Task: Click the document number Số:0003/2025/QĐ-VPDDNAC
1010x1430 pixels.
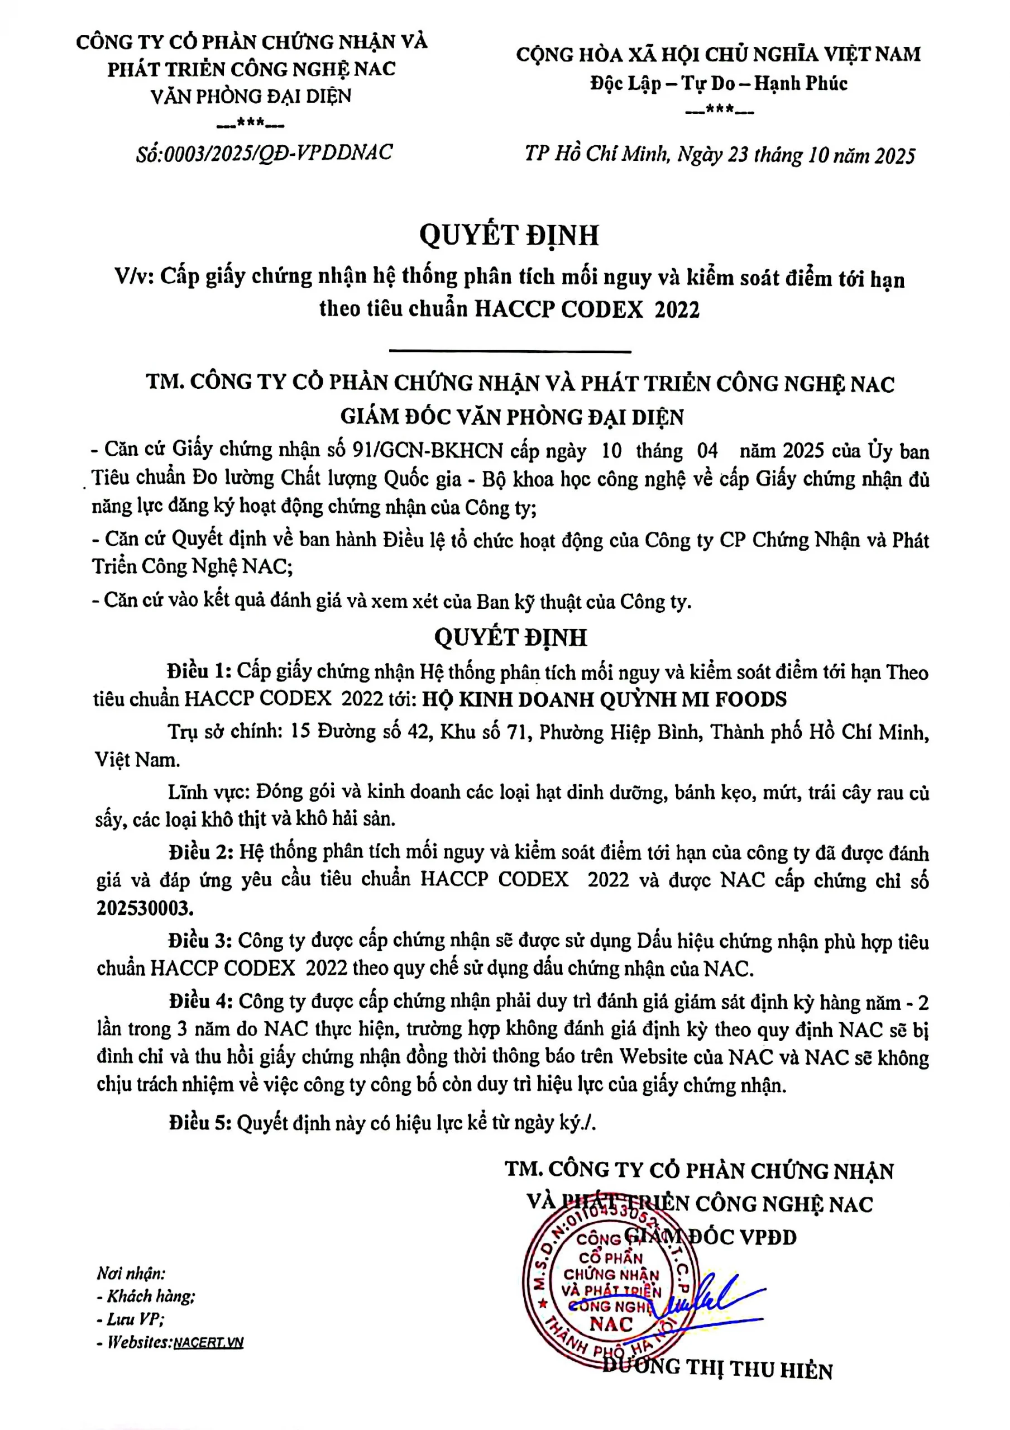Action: click(x=264, y=152)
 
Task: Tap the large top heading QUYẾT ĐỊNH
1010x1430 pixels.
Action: click(x=509, y=235)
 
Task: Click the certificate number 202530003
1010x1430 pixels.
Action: click(x=145, y=908)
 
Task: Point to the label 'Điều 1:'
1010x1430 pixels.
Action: click(x=199, y=671)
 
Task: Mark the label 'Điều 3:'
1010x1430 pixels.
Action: click(x=200, y=941)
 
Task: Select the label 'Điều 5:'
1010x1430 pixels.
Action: click(x=200, y=1122)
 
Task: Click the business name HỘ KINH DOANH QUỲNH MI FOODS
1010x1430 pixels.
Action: click(x=604, y=699)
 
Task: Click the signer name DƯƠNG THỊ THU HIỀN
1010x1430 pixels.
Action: click(x=717, y=1369)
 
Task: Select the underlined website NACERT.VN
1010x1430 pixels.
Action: click(x=208, y=1343)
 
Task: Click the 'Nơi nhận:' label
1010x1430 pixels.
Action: click(x=131, y=1273)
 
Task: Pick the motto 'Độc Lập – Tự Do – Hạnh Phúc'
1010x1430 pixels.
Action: click(x=719, y=83)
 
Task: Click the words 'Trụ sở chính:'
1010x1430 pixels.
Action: click(x=224, y=731)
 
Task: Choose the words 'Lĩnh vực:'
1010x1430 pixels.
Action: click(x=208, y=792)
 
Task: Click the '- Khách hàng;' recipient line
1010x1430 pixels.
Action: click(x=146, y=1296)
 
